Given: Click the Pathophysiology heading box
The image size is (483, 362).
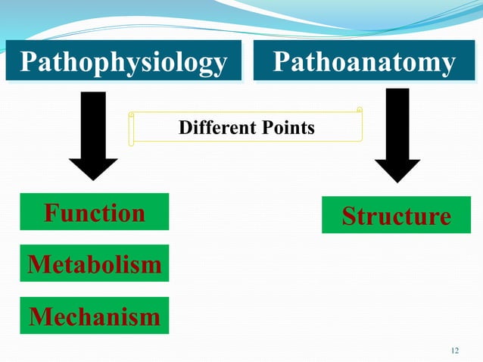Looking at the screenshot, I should click(x=123, y=61).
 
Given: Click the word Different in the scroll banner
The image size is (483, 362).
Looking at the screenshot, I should click(x=211, y=128).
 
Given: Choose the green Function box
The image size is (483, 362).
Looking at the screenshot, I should click(x=95, y=213).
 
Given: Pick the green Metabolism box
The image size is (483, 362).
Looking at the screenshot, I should click(x=95, y=264).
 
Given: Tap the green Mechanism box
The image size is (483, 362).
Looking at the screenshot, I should click(x=95, y=316).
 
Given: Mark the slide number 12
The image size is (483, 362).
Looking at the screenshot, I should click(x=454, y=350).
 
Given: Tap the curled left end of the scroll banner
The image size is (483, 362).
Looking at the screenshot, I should click(x=132, y=127).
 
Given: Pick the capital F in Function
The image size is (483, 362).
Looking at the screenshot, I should click(x=51, y=213).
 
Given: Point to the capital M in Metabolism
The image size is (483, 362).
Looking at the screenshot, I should click(x=38, y=264).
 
